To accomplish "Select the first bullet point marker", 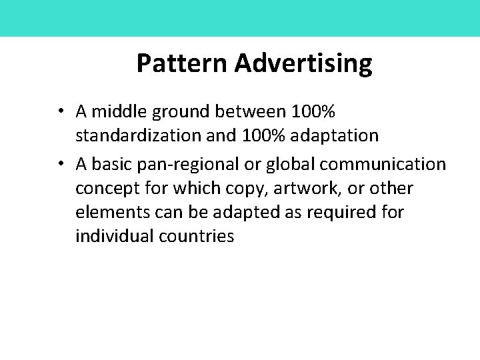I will (61, 109).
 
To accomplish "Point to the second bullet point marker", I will (61, 163).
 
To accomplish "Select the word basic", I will (109, 163).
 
